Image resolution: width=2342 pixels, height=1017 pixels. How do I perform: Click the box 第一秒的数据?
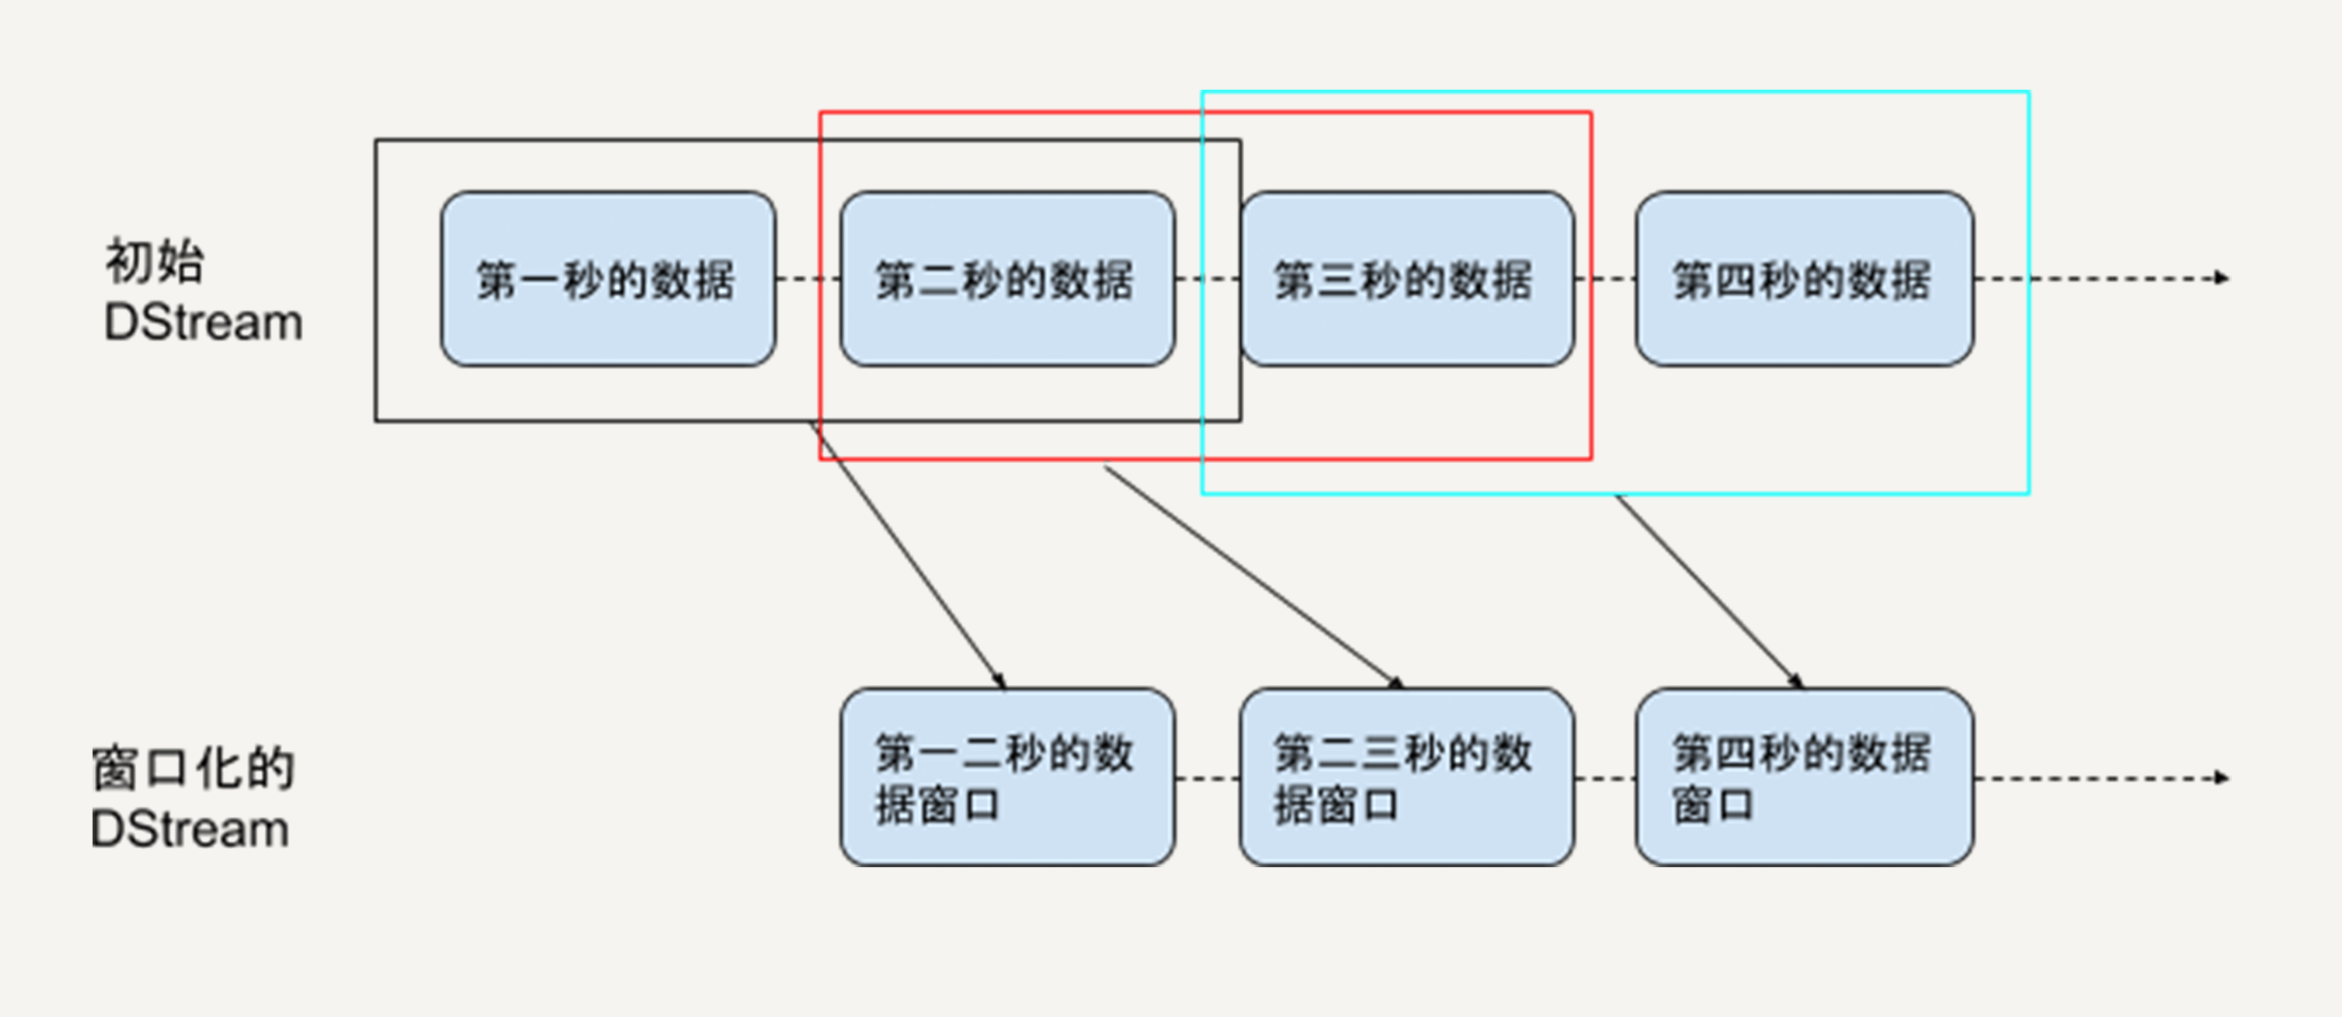tap(607, 279)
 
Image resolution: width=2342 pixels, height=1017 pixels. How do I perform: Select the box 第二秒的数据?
tap(1007, 279)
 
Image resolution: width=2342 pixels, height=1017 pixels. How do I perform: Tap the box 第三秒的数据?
tap(1406, 279)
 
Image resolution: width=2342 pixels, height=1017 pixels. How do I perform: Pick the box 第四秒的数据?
tap(1804, 279)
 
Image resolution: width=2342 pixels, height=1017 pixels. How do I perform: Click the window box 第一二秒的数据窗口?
tap(1007, 778)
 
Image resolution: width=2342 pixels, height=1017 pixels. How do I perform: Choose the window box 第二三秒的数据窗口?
tap(1406, 778)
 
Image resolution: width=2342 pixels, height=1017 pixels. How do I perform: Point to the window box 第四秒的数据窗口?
tap(1804, 778)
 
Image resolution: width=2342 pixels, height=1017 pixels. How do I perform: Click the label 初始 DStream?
tap(202, 291)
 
